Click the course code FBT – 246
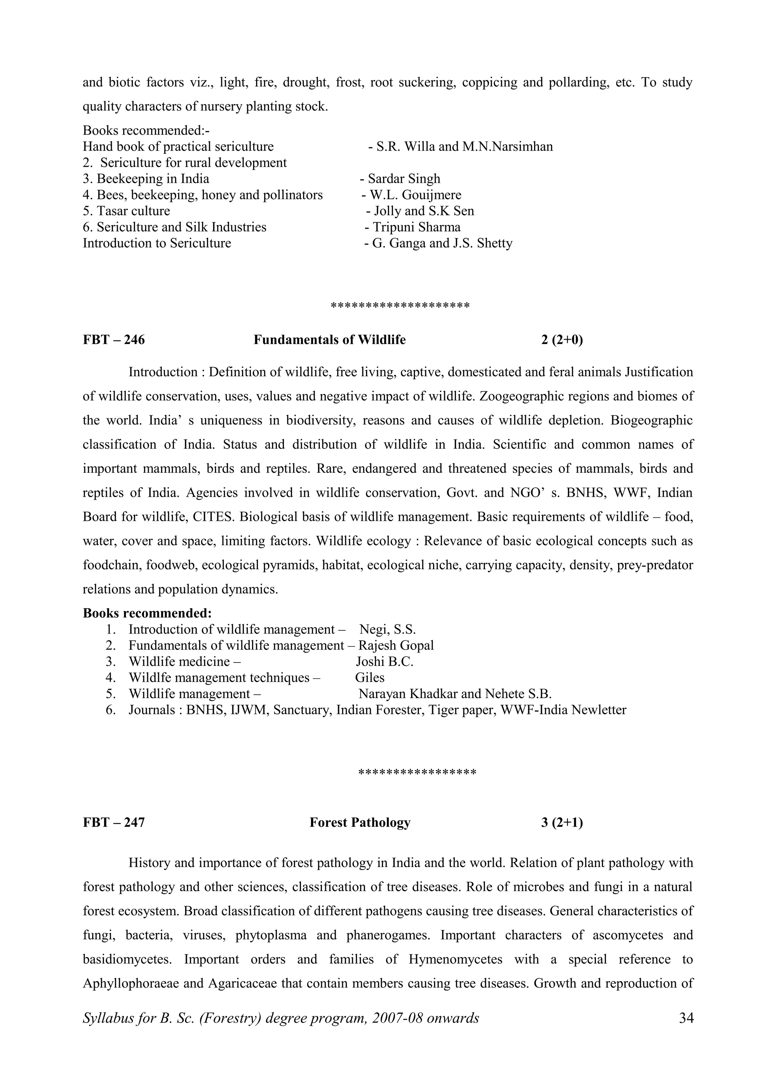[114, 340]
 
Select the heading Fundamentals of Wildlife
[329, 340]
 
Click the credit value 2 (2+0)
[562, 340]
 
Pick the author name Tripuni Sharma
[416, 227]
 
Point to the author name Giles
[369, 677]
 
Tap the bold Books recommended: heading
[147, 613]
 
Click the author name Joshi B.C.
[385, 662]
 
